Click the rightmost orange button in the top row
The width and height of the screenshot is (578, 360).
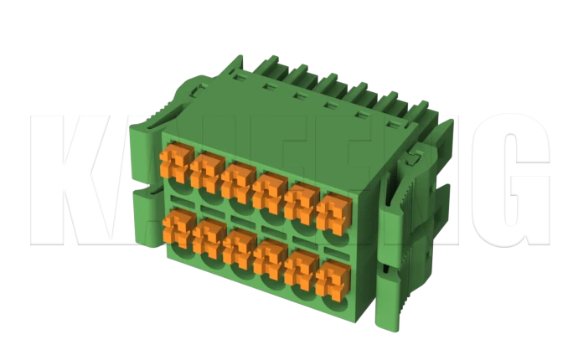333,210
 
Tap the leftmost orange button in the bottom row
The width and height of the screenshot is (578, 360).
178,226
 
